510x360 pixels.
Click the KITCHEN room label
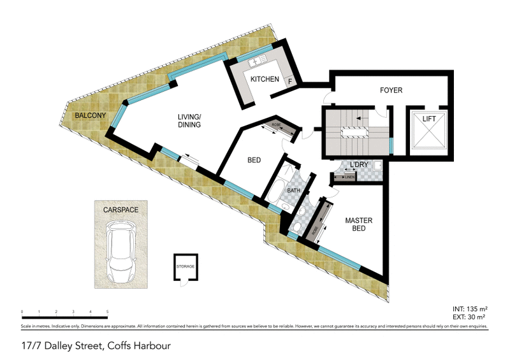click(x=265, y=80)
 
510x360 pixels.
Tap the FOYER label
click(x=391, y=90)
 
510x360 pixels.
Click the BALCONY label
click(x=89, y=115)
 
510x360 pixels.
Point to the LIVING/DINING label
click(x=189, y=120)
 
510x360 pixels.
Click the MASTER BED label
click(x=358, y=225)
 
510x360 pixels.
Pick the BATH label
click(x=293, y=190)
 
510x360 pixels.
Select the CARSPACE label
click(x=120, y=209)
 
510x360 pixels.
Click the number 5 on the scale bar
click(x=108, y=313)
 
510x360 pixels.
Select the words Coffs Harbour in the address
click(x=140, y=346)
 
